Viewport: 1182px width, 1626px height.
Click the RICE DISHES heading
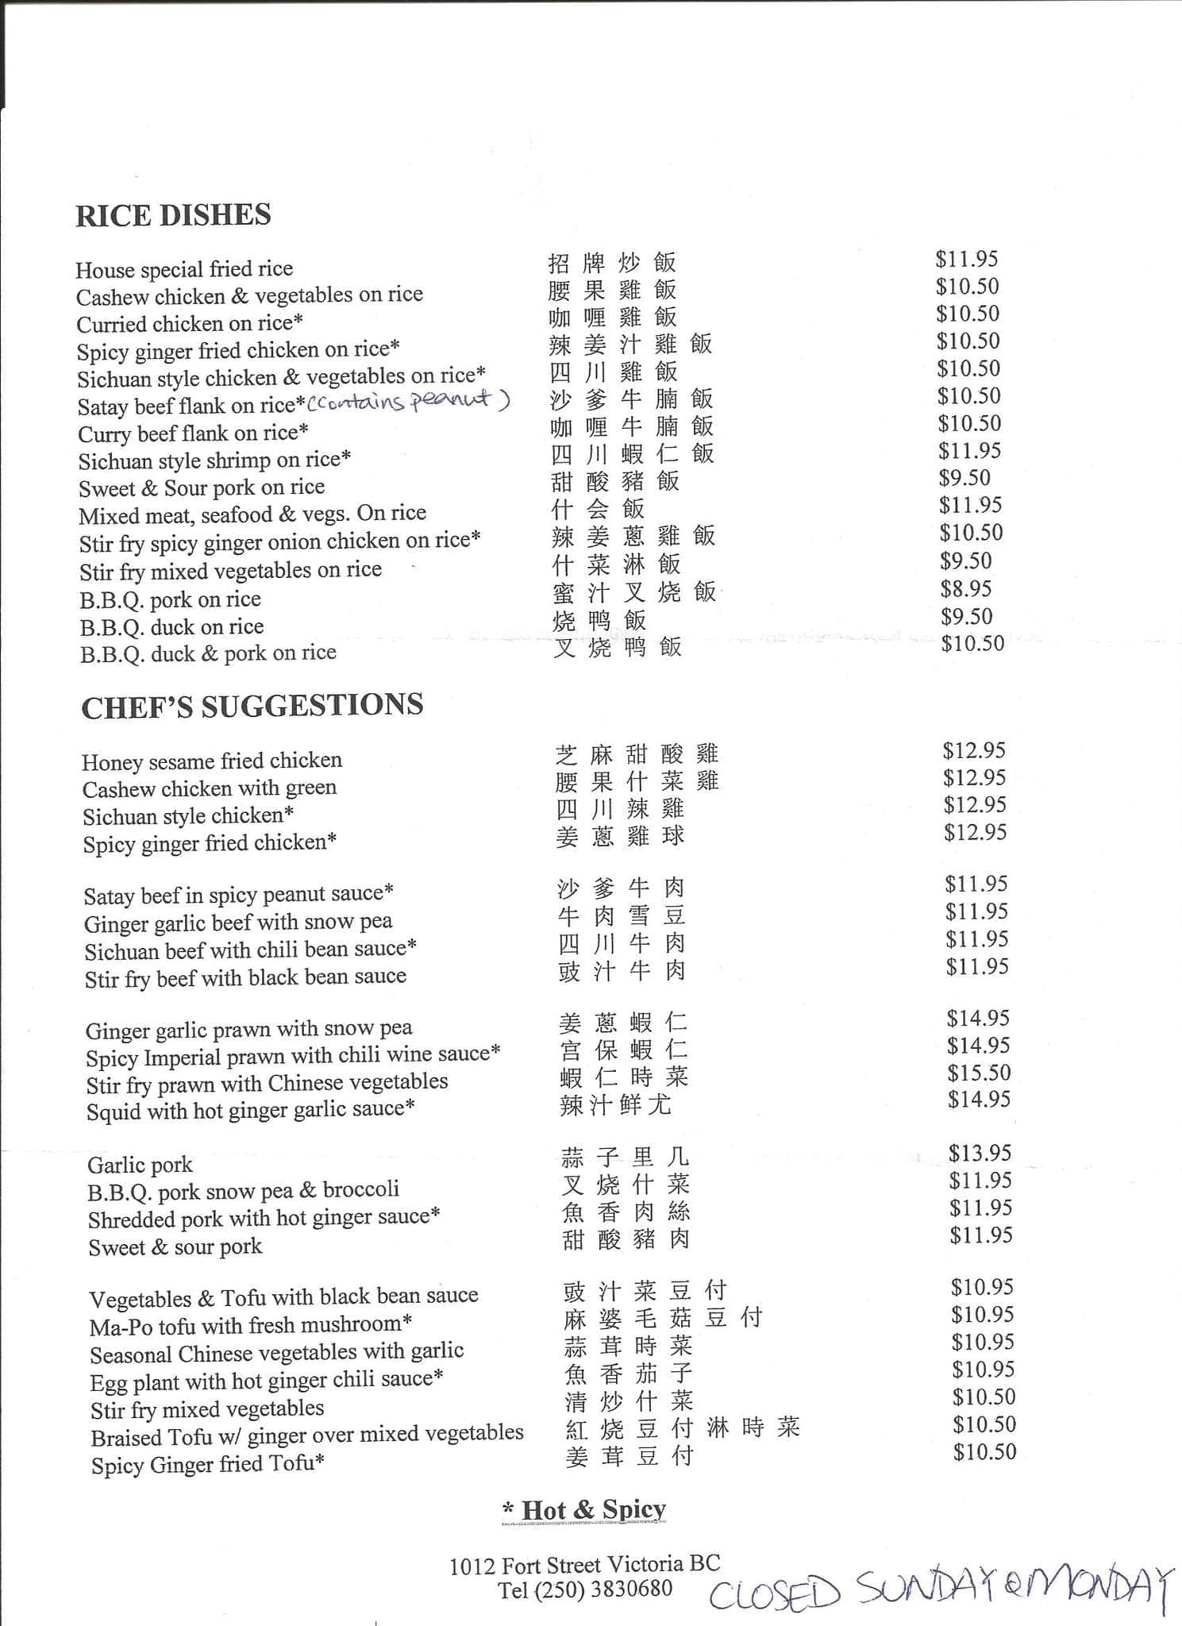pos(173,215)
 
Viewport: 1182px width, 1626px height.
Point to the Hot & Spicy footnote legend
pos(585,1509)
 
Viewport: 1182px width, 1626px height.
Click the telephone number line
pos(585,1589)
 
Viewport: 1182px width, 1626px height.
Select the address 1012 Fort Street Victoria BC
pos(585,1564)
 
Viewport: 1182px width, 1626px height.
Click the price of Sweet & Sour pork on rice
pos(964,478)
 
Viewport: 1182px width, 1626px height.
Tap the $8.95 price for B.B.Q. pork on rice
pos(966,588)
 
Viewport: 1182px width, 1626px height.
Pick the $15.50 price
pos(978,1073)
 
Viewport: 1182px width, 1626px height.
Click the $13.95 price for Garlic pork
pos(980,1153)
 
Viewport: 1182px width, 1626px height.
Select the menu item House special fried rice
pos(184,269)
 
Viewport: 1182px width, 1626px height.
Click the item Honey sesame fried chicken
pos(212,761)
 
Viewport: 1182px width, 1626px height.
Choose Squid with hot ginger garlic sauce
pos(250,1109)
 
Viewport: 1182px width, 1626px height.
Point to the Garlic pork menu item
pos(140,1165)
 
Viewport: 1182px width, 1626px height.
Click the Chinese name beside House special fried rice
pos(611,262)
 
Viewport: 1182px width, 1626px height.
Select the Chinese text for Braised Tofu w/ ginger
pos(682,1428)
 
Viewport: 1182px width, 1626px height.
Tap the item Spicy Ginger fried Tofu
pos(207,1464)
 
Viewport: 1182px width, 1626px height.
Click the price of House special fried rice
pos(966,259)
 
